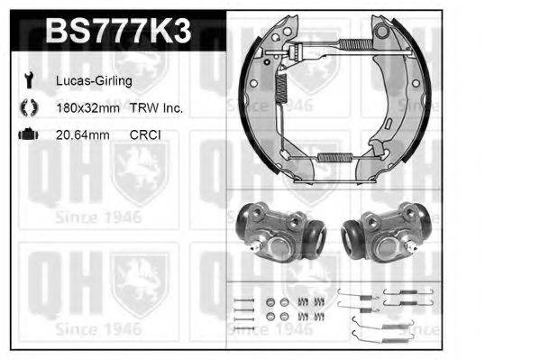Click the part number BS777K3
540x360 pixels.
click(x=118, y=31)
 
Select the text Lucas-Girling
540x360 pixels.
click(x=94, y=81)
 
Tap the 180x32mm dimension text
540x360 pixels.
click(x=87, y=108)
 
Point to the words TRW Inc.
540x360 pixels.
click(x=156, y=108)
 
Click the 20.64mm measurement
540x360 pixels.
click(x=83, y=134)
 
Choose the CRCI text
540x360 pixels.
click(x=145, y=134)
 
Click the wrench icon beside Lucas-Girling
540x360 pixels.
click(x=29, y=80)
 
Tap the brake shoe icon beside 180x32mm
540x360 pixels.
click(x=29, y=107)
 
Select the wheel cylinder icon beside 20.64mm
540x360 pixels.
click(x=28, y=134)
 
